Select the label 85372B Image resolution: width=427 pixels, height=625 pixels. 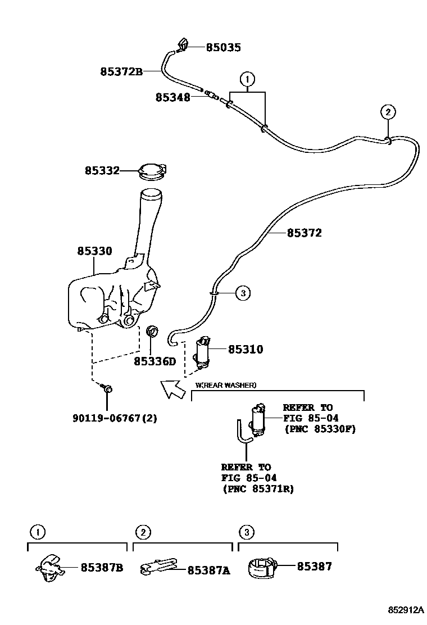121,71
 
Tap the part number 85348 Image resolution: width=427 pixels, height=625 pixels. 172,97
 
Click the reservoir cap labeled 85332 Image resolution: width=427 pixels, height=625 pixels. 152,170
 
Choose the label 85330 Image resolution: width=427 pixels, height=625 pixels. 94,251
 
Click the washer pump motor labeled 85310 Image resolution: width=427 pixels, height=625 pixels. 202,352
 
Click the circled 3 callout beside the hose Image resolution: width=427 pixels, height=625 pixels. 242,292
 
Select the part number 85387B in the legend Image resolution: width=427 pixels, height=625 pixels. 102,567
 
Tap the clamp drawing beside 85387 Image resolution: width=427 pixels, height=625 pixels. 263,567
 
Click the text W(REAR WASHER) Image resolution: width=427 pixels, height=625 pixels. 225,385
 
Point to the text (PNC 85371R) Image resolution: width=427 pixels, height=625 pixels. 258,489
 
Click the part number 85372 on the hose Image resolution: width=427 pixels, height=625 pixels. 304,233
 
